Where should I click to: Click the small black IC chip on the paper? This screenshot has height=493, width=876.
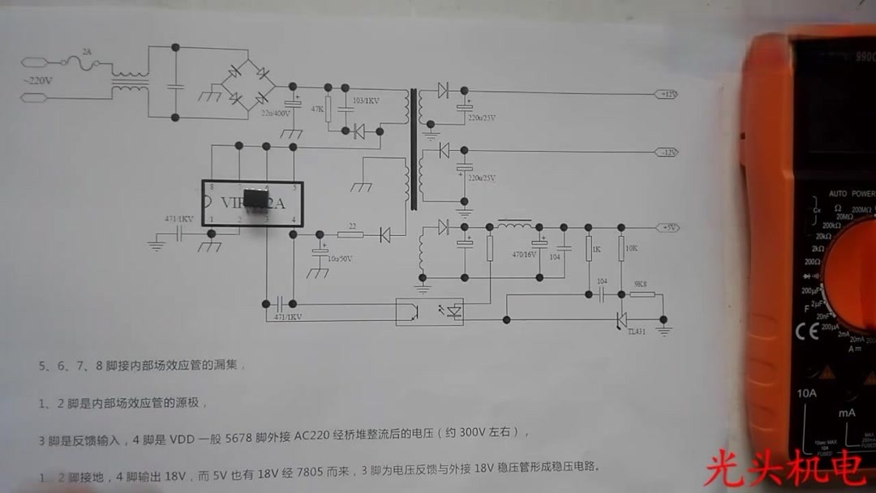[257, 201]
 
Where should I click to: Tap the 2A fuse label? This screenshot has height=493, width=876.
[87, 51]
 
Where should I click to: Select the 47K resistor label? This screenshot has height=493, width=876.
[317, 108]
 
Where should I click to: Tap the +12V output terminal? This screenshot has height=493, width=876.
[668, 94]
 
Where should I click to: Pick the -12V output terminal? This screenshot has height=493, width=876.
[668, 152]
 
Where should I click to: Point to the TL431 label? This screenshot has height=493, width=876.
[636, 332]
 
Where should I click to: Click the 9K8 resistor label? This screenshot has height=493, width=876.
[640, 285]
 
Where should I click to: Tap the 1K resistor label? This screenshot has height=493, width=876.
[597, 250]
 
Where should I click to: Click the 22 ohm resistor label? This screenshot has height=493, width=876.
[351, 225]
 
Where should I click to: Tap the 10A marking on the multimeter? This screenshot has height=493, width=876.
[806, 393]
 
